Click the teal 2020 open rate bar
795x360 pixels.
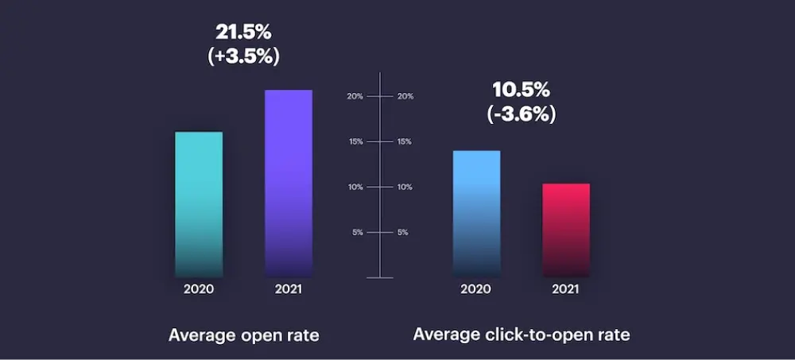(x=199, y=204)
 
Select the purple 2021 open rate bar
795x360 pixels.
(x=289, y=184)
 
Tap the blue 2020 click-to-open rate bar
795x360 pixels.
(x=476, y=214)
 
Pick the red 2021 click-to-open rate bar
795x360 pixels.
(x=566, y=230)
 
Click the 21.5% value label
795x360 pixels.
(x=243, y=33)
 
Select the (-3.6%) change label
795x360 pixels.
(x=521, y=114)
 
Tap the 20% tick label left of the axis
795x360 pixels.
(x=355, y=96)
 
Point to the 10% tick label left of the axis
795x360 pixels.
(x=355, y=187)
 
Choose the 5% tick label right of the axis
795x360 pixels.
(x=403, y=232)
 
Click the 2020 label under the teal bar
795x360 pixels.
(x=199, y=289)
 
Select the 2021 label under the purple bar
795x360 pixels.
(x=289, y=289)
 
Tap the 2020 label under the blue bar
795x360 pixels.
(x=476, y=289)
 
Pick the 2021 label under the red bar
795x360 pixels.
(x=566, y=289)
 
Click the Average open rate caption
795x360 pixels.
(x=243, y=335)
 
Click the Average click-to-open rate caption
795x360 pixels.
(x=522, y=335)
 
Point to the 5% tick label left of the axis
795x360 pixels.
(x=358, y=232)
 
